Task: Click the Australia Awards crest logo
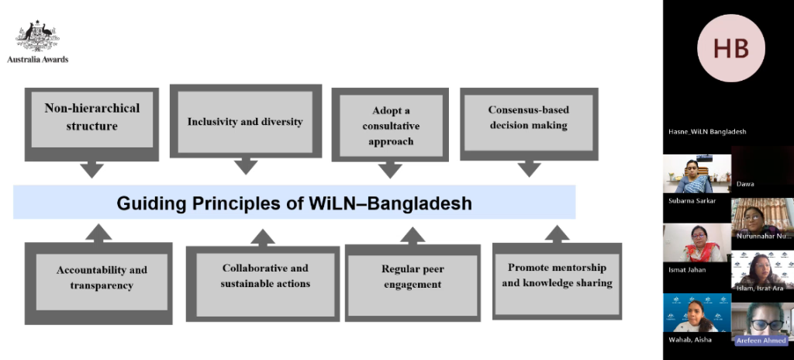pyautogui.click(x=38, y=36)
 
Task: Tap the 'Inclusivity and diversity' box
pyautogui.click(x=245, y=122)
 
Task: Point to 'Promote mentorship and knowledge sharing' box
pyautogui.click(x=557, y=275)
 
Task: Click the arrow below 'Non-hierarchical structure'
pyautogui.click(x=91, y=168)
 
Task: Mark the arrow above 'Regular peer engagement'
pyautogui.click(x=413, y=234)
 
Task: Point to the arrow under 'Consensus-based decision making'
pyautogui.click(x=529, y=168)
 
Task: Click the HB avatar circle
pyautogui.click(x=730, y=48)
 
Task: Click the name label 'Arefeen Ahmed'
pyautogui.click(x=761, y=340)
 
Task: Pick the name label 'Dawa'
pyautogui.click(x=746, y=184)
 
